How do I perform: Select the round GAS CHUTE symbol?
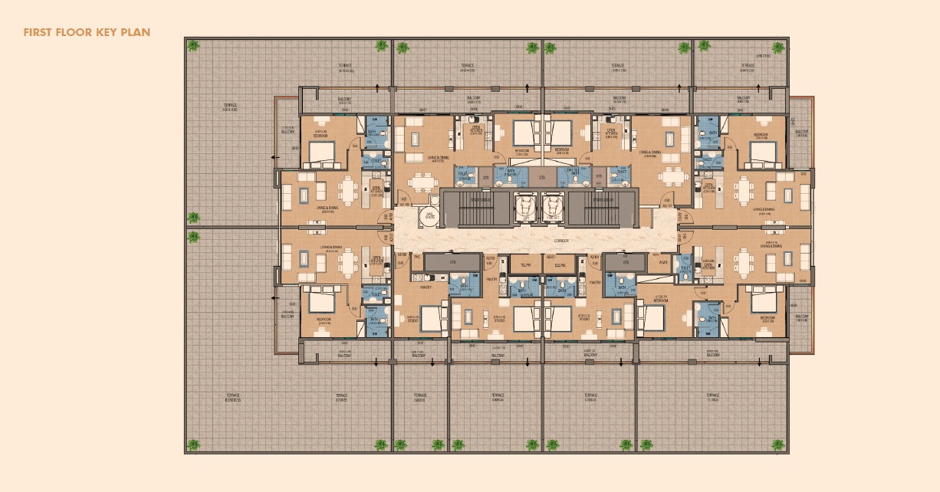(429, 217)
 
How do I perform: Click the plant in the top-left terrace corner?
(192, 46)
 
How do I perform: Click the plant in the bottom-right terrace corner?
(779, 444)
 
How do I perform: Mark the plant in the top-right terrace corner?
(779, 47)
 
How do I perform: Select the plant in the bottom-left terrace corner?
(193, 444)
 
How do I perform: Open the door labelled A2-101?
(667, 205)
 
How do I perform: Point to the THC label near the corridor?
(418, 257)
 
